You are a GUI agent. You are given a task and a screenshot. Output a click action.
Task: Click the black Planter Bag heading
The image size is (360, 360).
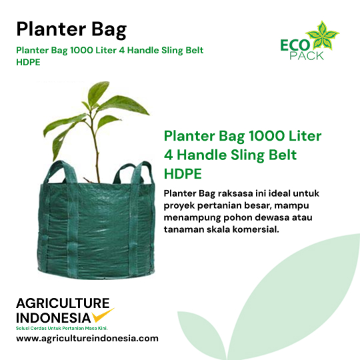click(71, 30)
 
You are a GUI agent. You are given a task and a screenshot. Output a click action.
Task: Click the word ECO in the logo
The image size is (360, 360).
click(295, 45)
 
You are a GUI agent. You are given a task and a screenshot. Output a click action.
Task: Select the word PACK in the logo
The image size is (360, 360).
click(307, 55)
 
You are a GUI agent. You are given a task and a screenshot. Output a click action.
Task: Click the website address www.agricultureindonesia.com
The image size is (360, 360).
click(87, 339)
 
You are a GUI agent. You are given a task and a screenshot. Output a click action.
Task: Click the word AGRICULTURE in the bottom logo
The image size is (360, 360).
click(63, 303)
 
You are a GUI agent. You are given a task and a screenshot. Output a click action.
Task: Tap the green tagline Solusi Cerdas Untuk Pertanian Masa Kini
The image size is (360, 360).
click(62, 328)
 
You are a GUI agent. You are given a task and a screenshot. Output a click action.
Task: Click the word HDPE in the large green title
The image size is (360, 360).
click(183, 174)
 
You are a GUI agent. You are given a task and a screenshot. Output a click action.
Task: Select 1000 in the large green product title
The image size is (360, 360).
click(267, 136)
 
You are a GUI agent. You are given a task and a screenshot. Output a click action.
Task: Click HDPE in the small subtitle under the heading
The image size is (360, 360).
click(28, 62)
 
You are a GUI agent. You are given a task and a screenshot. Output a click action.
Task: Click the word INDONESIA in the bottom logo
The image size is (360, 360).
click(53, 318)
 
